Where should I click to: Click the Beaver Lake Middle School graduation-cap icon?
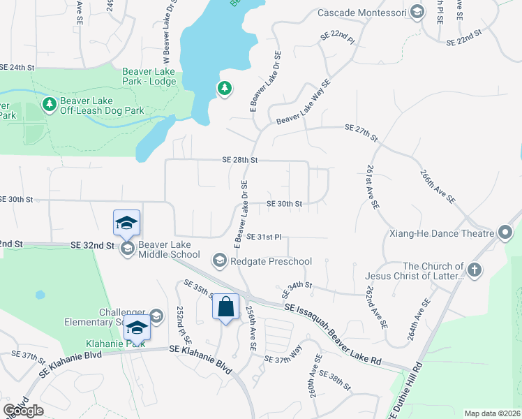point(127,249)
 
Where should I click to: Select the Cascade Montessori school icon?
point(417,12)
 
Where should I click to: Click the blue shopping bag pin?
point(226,307)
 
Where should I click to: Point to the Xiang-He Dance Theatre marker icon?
point(507,233)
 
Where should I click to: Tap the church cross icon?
point(475,270)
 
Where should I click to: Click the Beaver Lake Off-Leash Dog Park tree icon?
point(49,105)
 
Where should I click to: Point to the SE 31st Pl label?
point(263,237)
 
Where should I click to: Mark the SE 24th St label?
point(17,68)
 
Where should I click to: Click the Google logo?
point(23,411)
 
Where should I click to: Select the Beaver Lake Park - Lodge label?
point(149,76)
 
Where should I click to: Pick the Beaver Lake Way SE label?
point(303,103)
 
